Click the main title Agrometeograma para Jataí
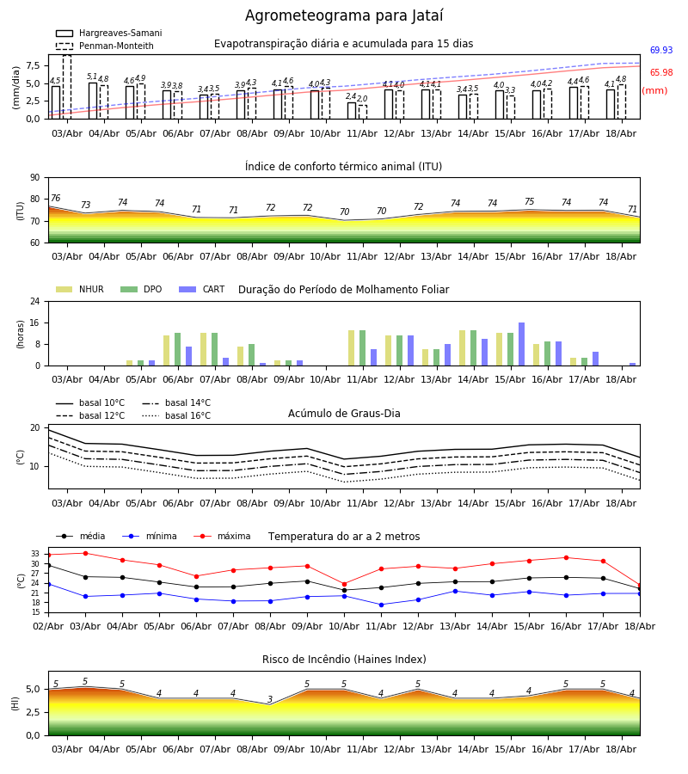344,15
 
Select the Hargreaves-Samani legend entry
108,33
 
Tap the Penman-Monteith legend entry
105,46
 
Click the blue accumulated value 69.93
661,50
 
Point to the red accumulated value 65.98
661,72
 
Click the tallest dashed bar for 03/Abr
67,87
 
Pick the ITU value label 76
55,198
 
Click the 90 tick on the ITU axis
35,178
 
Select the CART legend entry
201,289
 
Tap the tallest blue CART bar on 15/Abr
522,344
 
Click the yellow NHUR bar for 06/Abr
166,351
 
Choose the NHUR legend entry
80,289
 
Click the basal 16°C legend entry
176,415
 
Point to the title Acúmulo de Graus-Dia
344,413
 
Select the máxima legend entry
222,536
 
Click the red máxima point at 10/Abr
345,585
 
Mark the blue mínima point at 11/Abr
382,605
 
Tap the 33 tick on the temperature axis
35,554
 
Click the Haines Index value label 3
270,699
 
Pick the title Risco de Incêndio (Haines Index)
344,660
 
